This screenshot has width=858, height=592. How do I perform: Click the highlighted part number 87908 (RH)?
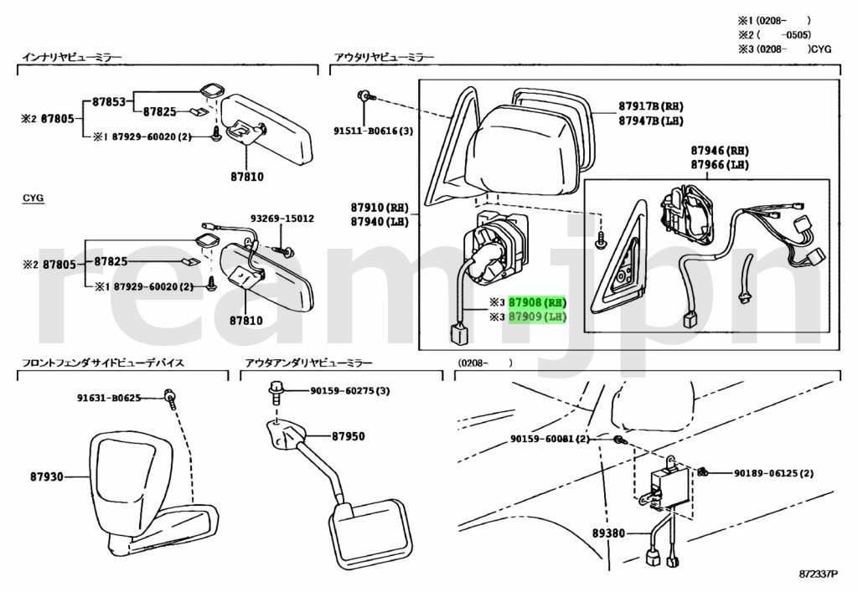coord(537,302)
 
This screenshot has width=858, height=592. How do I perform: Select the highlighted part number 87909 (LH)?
coord(537,317)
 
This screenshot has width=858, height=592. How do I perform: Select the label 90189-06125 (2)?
coord(773,473)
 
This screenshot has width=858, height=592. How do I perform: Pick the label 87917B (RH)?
coord(651,106)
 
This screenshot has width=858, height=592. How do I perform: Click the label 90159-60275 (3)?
coord(349,390)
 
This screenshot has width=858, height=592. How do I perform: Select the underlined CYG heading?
coord(33,198)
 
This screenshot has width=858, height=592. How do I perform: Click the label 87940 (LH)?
coord(379,221)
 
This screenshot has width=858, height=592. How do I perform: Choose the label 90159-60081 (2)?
coord(550,440)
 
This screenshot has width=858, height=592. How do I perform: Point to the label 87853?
coord(108,102)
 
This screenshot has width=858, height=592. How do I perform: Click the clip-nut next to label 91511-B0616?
coord(366,96)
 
